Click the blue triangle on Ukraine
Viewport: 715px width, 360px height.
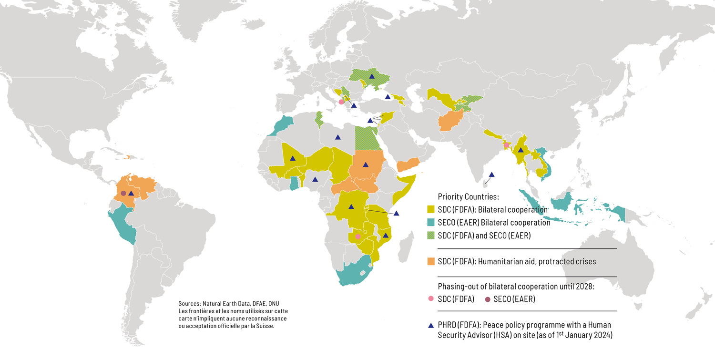(371, 76)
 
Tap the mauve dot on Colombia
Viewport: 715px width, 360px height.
(123, 193)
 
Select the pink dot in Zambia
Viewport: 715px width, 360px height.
(358, 237)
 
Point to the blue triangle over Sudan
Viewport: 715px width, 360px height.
(365, 165)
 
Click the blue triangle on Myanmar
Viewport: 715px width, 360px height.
(521, 150)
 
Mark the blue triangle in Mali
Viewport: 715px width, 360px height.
(293, 158)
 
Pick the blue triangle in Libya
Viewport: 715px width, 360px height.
(337, 137)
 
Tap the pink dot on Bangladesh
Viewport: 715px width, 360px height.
(506, 145)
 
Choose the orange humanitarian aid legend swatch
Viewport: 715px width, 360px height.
(431, 261)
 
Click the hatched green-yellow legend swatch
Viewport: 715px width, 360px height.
(431, 235)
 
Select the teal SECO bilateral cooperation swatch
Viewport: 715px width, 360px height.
(431, 222)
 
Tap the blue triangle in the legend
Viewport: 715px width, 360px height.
(431, 325)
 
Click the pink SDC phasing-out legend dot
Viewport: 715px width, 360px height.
(431, 299)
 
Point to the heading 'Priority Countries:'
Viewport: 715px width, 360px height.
(468, 196)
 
